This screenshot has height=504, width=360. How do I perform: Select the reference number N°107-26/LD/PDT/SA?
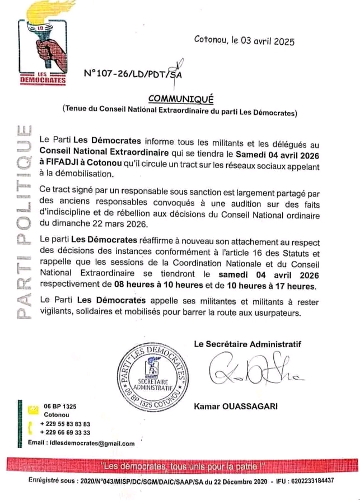coord(132,73)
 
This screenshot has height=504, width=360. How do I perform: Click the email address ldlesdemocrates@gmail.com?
coord(90,443)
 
